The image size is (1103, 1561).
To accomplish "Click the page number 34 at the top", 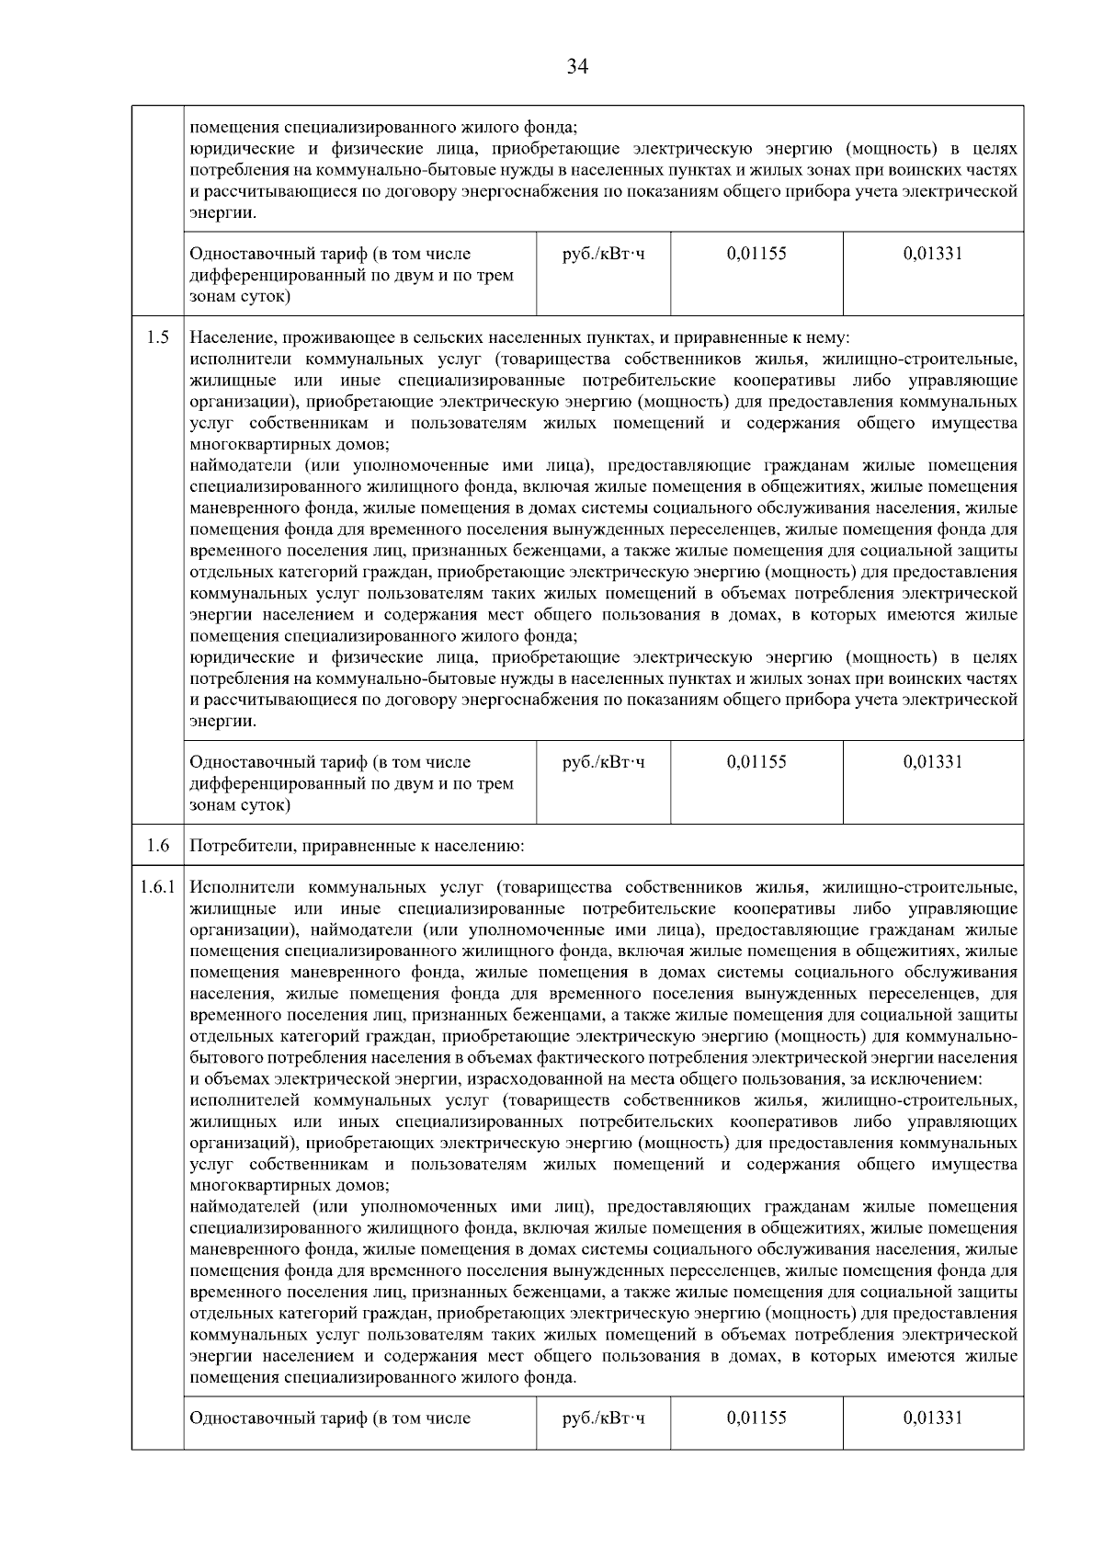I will click(577, 66).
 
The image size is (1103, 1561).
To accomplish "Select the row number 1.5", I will click(157, 337).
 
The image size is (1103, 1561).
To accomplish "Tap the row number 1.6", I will click(157, 846).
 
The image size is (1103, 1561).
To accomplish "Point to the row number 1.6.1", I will click(157, 888).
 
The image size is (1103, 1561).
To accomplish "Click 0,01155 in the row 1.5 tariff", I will click(756, 762).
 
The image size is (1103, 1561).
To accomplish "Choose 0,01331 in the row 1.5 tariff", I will click(933, 762).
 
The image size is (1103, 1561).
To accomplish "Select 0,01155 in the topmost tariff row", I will click(756, 254).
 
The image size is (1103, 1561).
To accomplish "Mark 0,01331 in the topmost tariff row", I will click(933, 254).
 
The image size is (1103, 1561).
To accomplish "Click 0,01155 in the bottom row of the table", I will click(756, 1418).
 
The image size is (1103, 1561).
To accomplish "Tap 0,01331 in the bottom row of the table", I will click(933, 1418).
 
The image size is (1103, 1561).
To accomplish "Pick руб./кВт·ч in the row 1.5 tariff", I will click(603, 762).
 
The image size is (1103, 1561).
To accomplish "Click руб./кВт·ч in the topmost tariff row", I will click(603, 254).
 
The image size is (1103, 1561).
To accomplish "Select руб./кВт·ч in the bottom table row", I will click(603, 1418).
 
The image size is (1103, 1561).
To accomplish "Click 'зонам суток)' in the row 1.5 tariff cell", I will click(239, 805).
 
